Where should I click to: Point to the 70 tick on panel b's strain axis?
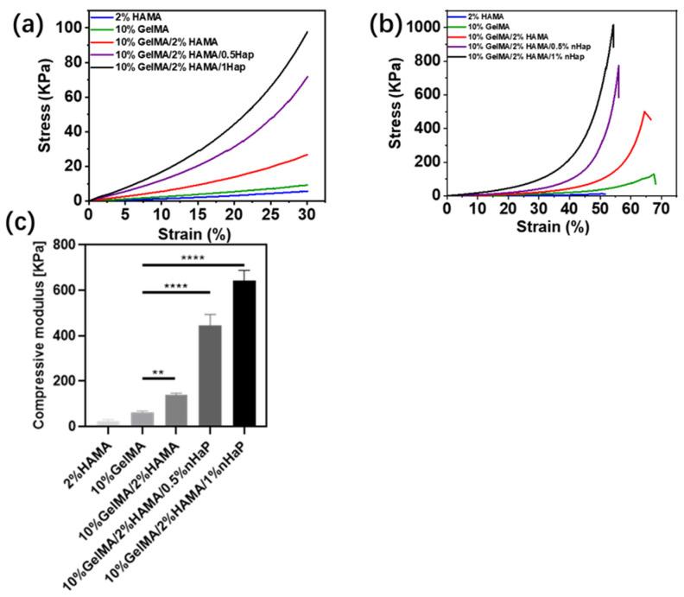pos(662,208)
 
